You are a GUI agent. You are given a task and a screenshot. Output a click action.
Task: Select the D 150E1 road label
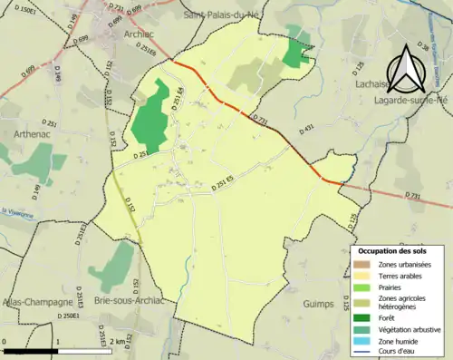point(30,12)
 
